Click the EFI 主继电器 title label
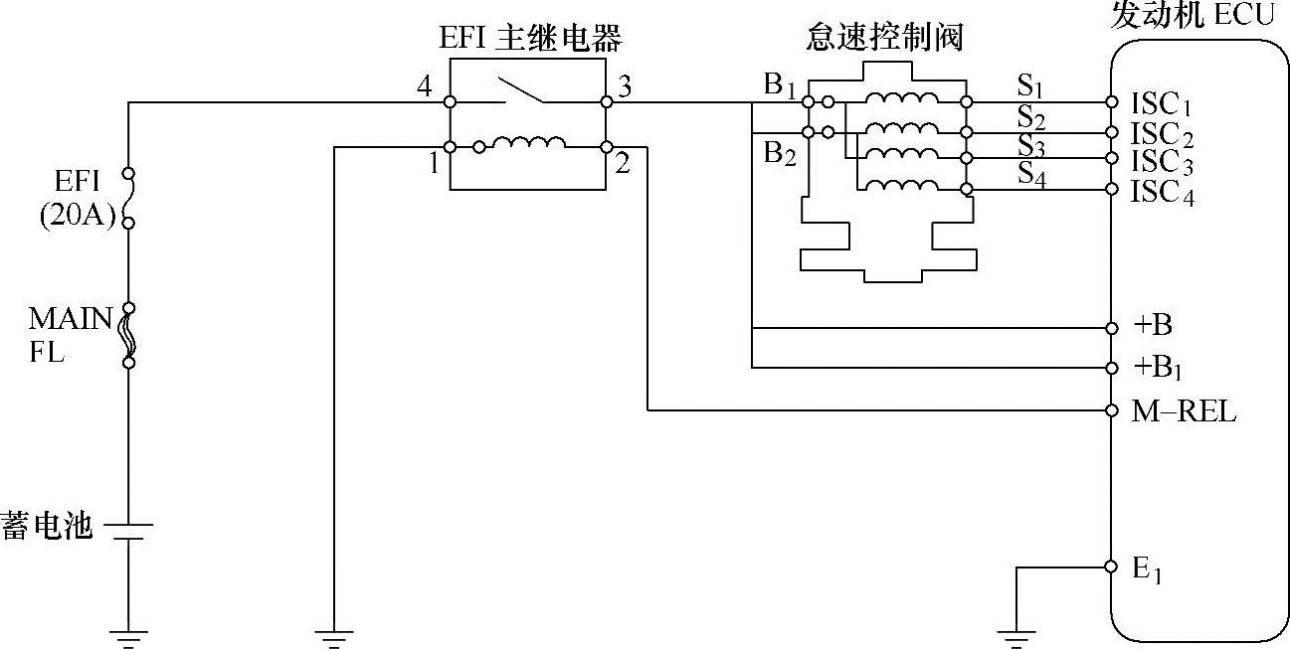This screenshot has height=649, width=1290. [530, 40]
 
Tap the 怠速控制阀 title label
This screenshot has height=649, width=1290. [885, 40]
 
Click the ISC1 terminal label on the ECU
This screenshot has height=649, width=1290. [1161, 103]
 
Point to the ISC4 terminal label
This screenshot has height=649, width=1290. [1162, 193]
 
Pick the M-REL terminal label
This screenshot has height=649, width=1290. [1184, 411]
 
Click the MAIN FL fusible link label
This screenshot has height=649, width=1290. [70, 334]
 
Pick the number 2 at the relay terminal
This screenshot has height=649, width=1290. [622, 164]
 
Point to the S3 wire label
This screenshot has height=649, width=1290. [1030, 145]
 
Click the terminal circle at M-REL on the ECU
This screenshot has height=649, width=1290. [1111, 409]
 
